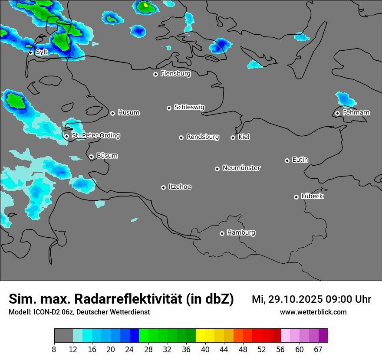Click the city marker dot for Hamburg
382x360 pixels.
[222, 233]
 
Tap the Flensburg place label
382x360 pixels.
[175, 74]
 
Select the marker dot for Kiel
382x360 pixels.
[233, 137]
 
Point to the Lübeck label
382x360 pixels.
[312, 196]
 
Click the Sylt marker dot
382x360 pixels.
[31, 52]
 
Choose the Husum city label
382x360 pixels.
[128, 113]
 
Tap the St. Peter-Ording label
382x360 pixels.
[95, 136]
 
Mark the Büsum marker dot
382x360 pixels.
[91, 157]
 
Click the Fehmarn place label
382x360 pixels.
[356, 113]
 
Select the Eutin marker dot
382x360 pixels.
[287, 160]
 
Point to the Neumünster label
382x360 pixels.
[241, 168]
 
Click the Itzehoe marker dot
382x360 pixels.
[163, 187]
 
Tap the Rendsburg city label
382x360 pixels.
[203, 137]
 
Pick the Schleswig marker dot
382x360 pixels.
[169, 108]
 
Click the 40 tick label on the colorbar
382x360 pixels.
[205, 349]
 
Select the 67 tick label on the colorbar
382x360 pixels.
[318, 349]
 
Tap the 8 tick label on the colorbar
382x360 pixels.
[54, 349]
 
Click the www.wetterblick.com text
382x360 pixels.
[313, 312]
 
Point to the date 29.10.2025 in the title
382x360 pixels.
[295, 299]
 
